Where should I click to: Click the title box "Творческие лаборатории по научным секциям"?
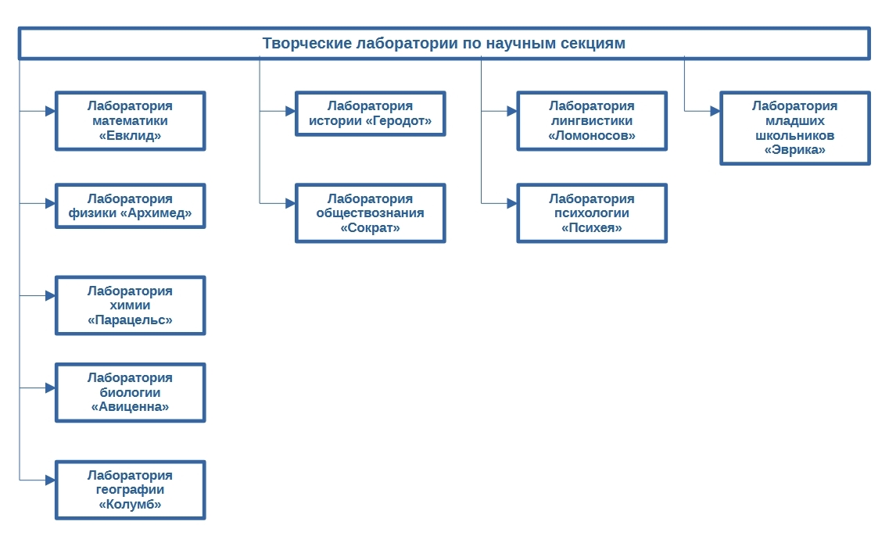[x=444, y=43]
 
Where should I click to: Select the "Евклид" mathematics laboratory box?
[x=131, y=120]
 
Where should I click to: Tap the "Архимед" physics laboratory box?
[x=131, y=206]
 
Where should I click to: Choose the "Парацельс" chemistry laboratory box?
[x=131, y=305]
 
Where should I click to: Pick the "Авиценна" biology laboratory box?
[x=131, y=392]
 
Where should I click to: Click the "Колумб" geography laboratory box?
[x=131, y=490]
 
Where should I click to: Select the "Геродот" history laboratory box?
[x=371, y=113]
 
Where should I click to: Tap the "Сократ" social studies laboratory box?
[x=371, y=213]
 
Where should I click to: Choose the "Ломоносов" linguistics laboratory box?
[x=592, y=120]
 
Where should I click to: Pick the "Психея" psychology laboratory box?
[x=592, y=213]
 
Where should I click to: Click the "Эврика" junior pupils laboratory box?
[x=795, y=128]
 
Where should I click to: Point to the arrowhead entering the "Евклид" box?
[x=51, y=111]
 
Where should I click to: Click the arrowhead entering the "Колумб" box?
[x=51, y=480]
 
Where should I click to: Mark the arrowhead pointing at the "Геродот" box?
[x=291, y=111]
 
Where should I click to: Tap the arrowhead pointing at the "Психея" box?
[x=512, y=203]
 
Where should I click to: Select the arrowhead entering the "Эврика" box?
[x=715, y=111]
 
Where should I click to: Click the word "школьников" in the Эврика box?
[x=795, y=135]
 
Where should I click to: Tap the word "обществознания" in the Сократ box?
[x=371, y=213]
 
